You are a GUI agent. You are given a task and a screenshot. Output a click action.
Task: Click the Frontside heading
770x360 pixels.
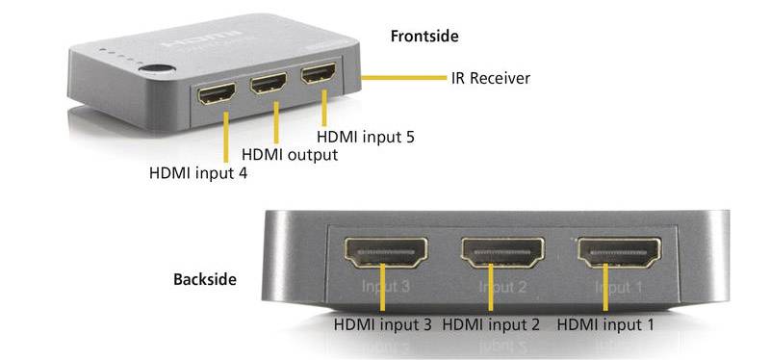click(x=423, y=37)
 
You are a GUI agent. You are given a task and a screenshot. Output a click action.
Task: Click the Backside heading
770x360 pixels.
click(x=205, y=280)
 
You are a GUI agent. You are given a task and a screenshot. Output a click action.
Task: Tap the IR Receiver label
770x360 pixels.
click(x=491, y=78)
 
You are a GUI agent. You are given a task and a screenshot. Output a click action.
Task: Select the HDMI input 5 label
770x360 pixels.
click(x=370, y=137)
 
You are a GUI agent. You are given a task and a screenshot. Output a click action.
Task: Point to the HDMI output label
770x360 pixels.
click(x=290, y=154)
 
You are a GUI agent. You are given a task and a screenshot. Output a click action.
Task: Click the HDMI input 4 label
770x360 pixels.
click(x=204, y=174)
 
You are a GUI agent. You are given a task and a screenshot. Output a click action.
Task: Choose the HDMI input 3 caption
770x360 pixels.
click(x=382, y=325)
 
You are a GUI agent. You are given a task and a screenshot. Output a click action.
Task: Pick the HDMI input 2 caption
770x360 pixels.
click(x=494, y=325)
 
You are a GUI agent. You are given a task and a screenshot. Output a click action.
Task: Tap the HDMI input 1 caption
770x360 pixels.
click(x=605, y=325)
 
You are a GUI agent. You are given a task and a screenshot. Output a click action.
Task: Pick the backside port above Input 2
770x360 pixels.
click(x=501, y=252)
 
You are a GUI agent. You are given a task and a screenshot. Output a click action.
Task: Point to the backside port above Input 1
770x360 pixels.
click(x=618, y=252)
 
